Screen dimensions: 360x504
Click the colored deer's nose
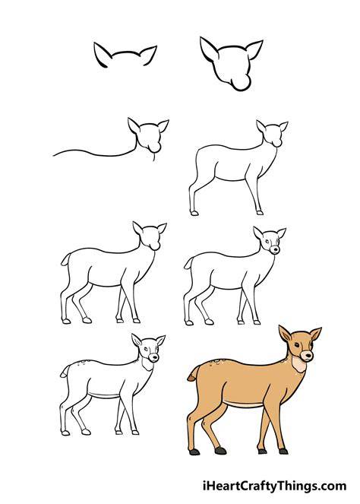tap(308, 355)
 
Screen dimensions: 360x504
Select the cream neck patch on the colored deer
tap(298, 364)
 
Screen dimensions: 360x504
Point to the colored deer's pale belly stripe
tap(244, 404)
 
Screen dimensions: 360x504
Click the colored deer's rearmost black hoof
tap(194, 452)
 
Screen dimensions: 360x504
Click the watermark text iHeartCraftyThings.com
tap(275, 486)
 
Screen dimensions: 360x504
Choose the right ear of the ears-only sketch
tap(149, 55)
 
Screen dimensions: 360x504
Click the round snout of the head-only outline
tap(242, 83)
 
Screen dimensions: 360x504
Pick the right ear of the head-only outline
tap(254, 49)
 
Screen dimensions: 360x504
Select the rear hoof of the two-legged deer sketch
tap(194, 213)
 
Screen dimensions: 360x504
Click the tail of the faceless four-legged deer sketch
tap(65, 260)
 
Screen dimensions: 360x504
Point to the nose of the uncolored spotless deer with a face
tap(275, 249)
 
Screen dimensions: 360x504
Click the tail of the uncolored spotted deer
tap(65, 371)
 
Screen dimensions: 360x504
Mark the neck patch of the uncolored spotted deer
tap(148, 364)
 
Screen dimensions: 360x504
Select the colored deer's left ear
tap(285, 334)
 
